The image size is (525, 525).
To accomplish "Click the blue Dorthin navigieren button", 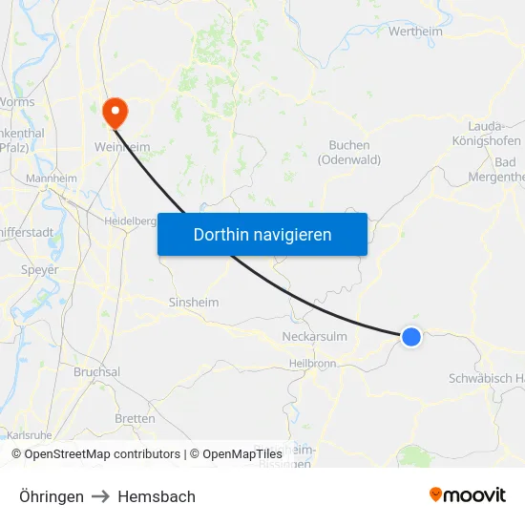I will [262, 234].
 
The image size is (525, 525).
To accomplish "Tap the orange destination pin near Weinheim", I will [115, 113].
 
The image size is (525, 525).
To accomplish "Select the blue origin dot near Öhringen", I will [411, 336].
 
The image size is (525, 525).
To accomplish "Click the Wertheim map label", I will [416, 31].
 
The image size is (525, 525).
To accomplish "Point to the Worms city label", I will [17, 102].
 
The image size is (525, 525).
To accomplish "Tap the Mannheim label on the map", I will [52, 178].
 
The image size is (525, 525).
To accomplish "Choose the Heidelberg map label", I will [129, 220].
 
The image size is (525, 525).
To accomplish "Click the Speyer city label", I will [40, 270].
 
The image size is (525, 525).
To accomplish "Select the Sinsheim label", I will [193, 303].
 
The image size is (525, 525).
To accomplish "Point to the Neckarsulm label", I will [314, 337].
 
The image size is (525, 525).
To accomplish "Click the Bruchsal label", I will [96, 372].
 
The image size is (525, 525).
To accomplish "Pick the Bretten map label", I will [135, 419].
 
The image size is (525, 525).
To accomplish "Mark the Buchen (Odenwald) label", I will [348, 153].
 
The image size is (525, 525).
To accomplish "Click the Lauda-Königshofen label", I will [493, 134].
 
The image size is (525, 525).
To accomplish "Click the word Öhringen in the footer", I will [52, 496].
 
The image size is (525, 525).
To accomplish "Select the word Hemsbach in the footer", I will [157, 496].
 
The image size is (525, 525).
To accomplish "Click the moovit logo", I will [468, 495].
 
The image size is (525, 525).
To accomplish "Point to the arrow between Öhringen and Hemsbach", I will [101, 496].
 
